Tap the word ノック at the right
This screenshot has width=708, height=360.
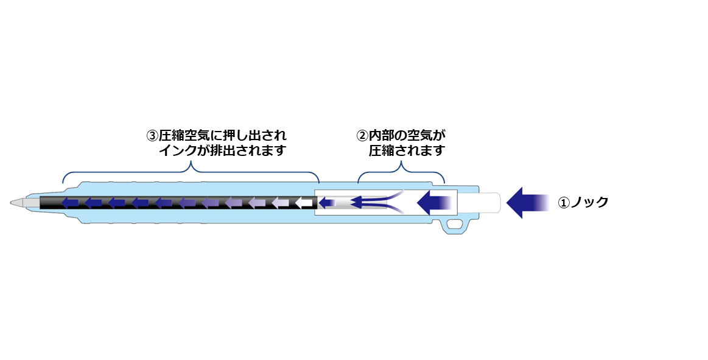(x=589, y=202)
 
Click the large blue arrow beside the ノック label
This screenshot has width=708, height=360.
(x=527, y=202)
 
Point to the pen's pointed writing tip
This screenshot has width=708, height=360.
(x=15, y=202)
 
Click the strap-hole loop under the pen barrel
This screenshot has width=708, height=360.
(x=455, y=225)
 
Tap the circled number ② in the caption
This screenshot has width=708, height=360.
(x=363, y=135)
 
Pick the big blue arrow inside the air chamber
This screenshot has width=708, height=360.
(x=433, y=202)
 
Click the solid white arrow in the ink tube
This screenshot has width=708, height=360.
(x=303, y=202)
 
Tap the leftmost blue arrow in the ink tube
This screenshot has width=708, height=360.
(x=69, y=202)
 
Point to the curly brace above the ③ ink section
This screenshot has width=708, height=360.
(x=191, y=172)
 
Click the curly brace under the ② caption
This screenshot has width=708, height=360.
(x=401, y=172)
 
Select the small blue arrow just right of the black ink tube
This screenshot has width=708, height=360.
(x=327, y=202)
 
